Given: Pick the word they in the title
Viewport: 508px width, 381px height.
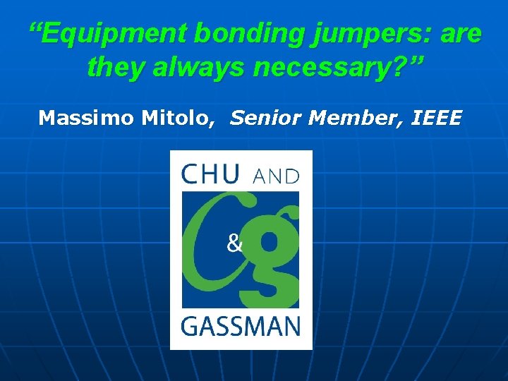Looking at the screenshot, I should [x=114, y=68].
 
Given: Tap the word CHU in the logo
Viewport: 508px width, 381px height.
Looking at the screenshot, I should [x=210, y=174].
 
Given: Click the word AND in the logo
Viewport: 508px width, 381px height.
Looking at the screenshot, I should [x=276, y=176].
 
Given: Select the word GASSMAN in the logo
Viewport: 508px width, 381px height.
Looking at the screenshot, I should [x=241, y=327].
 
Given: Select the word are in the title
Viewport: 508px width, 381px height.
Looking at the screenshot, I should [x=459, y=34].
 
